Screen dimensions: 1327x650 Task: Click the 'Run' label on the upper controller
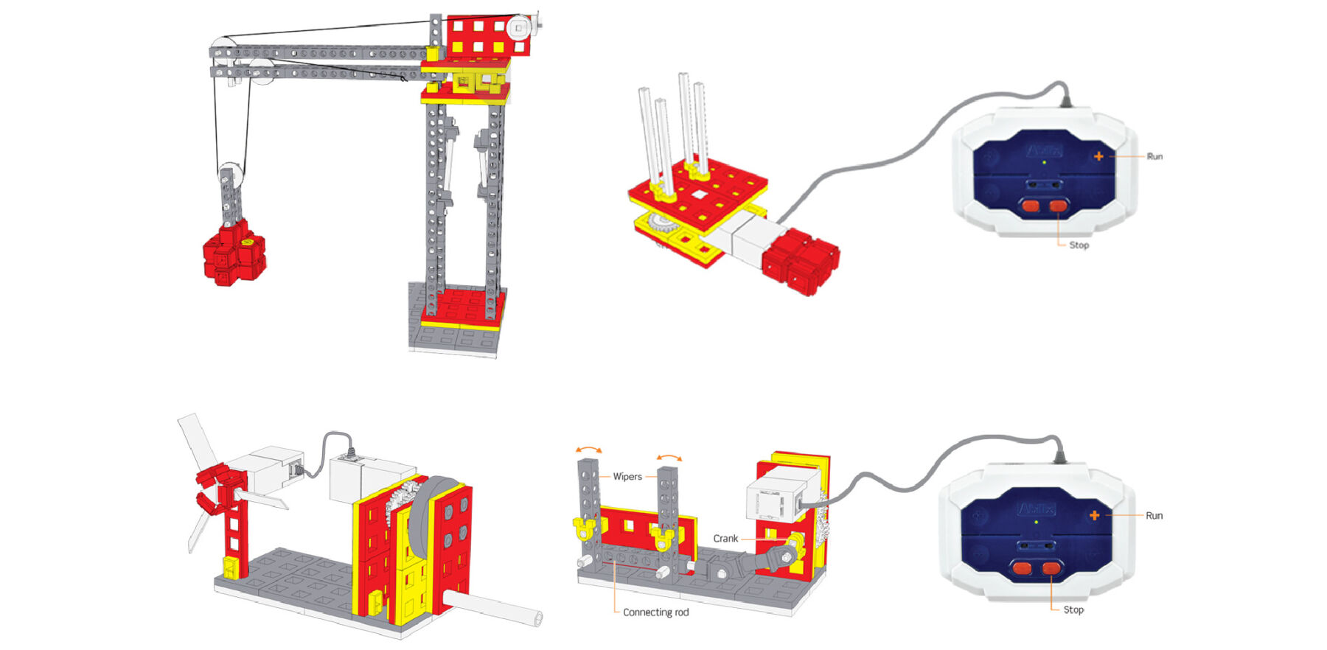[x=1154, y=156]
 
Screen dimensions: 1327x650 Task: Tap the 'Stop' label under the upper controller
[x=1079, y=245]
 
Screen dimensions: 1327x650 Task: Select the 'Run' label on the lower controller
[x=1154, y=515]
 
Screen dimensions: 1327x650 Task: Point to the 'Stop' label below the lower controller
[x=1073, y=609]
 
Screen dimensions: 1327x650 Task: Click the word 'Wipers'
[x=627, y=476]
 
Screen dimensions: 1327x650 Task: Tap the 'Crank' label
[x=725, y=538]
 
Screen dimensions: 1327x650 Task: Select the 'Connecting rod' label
[x=655, y=612]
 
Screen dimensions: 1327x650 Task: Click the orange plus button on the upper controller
[x=1098, y=156]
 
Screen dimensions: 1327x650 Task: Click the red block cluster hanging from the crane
[x=234, y=252]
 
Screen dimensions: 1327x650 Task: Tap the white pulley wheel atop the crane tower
[x=519, y=27]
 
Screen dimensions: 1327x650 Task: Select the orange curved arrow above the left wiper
[x=589, y=449]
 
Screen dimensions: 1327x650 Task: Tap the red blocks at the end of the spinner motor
[x=800, y=261]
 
